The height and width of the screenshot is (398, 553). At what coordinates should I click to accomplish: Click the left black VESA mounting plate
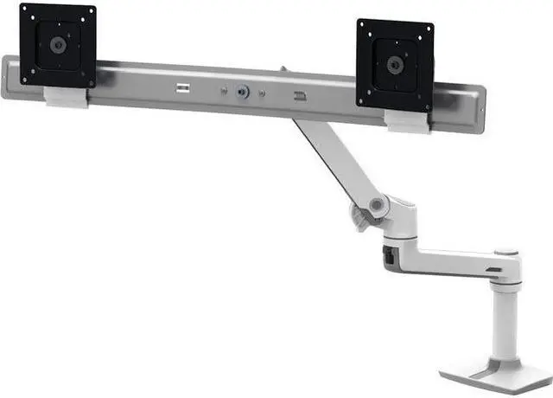58,45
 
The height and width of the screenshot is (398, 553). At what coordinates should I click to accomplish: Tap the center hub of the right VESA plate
396,63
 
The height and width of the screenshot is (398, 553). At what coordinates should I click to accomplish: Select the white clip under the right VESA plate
408,120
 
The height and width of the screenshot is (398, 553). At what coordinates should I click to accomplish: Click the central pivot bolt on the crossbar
246,90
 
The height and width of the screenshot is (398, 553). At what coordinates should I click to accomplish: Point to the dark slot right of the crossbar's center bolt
299,96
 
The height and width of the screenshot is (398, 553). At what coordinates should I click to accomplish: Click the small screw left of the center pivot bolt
225,88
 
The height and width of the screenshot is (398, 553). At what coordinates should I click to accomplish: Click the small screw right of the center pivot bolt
264,92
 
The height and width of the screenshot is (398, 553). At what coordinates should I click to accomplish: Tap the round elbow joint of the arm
377,205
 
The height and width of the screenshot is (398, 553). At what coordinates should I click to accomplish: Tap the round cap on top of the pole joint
511,254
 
